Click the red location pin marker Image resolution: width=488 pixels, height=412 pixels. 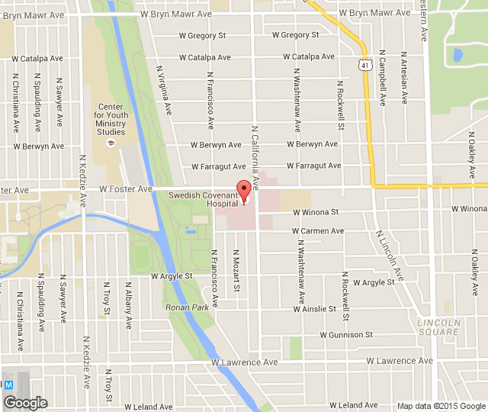pyautogui.click(x=244, y=191)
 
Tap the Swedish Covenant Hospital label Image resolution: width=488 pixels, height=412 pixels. pyautogui.click(x=203, y=200)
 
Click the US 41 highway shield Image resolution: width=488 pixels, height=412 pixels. pyautogui.click(x=367, y=66)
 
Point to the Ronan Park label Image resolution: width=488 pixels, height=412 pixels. pyautogui.click(x=187, y=307)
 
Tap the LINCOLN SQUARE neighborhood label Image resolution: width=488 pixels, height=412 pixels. pyautogui.click(x=439, y=327)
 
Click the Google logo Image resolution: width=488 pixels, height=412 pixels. pyautogui.click(x=25, y=402)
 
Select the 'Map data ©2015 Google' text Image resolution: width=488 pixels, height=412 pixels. pyautogui.click(x=441, y=406)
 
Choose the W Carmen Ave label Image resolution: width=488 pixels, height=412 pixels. pyautogui.click(x=318, y=231)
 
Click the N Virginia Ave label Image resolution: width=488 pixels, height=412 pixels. pyautogui.click(x=164, y=87)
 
